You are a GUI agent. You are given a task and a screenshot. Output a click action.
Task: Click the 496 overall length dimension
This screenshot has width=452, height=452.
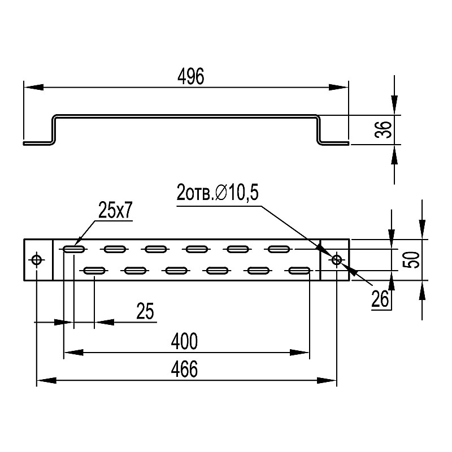tap(191, 76)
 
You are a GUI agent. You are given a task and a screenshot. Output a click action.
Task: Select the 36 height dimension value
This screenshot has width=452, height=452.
tap(384, 129)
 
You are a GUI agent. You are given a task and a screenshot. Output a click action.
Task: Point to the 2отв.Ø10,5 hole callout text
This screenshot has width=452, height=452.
tap(218, 193)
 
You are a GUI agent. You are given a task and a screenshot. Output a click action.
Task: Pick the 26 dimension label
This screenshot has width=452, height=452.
tap(380, 299)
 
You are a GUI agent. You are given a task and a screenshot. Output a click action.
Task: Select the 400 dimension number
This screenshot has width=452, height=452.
tap(184, 341)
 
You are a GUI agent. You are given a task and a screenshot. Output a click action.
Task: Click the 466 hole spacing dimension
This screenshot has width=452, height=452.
tap(184, 370)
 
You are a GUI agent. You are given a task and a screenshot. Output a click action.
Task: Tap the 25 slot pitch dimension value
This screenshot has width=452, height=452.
tap(145, 311)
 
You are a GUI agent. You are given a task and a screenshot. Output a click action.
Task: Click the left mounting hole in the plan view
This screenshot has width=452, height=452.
tap(37, 260)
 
